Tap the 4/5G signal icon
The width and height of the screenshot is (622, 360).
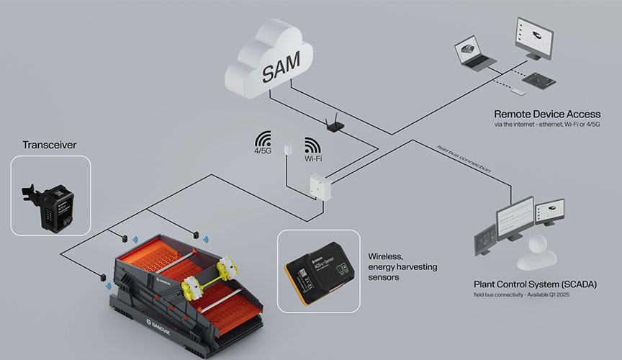point(263,142)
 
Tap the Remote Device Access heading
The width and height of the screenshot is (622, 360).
point(546,114)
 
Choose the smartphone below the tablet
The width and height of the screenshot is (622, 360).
point(518,93)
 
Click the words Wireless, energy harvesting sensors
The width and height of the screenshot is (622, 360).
point(402,266)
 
